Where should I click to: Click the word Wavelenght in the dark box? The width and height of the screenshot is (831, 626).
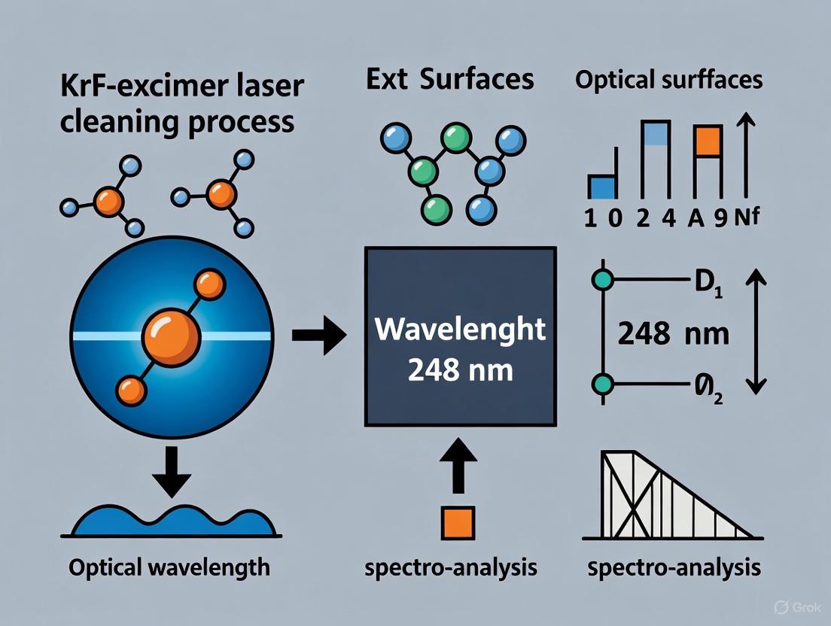[460, 330]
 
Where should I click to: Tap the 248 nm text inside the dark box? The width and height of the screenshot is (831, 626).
[460, 371]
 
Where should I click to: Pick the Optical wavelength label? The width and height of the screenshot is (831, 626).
[169, 567]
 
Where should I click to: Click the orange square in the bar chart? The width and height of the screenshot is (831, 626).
[708, 143]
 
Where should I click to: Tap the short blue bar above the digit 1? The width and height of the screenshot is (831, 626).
[601, 186]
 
